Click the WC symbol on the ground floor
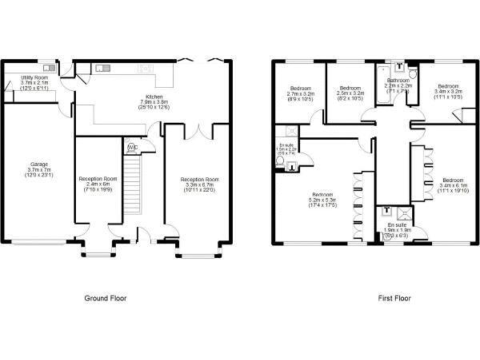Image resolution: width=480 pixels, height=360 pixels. (132, 147)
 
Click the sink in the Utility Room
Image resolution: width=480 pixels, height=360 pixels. (49, 67)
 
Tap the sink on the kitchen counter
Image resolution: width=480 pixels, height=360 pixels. (102, 67)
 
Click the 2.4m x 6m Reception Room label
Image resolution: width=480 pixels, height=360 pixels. (97, 184)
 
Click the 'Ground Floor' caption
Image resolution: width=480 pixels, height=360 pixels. (105, 298)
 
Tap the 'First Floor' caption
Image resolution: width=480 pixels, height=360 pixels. (394, 298)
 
